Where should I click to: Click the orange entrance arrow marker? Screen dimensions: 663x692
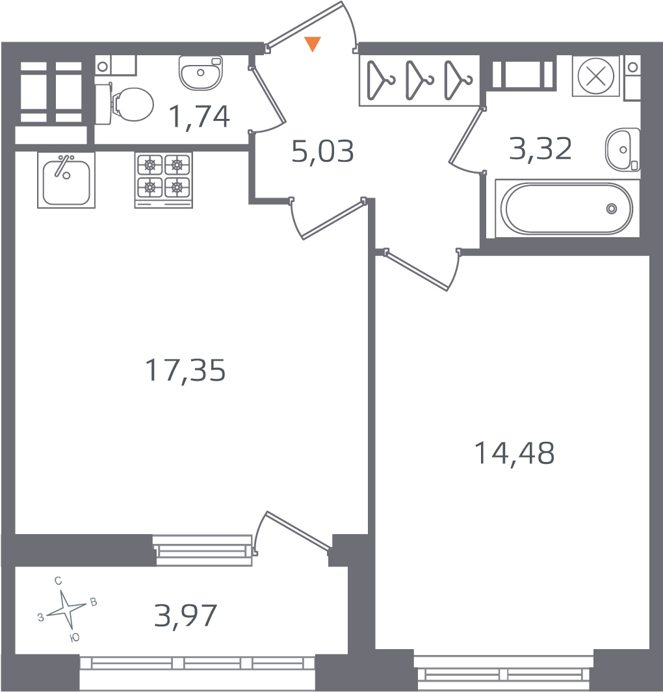tap(313, 44)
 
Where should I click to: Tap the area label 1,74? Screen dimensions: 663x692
tap(199, 117)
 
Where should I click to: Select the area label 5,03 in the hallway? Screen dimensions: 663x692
tap(322, 151)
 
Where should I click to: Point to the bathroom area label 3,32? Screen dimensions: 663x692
tap(540, 148)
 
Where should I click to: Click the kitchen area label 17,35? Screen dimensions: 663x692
tap(185, 370)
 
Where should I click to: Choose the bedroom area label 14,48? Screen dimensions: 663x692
tap(514, 454)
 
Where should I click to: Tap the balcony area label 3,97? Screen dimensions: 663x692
tap(185, 615)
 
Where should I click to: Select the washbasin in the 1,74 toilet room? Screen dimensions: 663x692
tap(200, 72)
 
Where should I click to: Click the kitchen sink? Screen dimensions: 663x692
tap(66, 180)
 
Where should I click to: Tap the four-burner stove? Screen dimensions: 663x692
tap(163, 180)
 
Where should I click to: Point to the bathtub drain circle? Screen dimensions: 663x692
tap(612, 209)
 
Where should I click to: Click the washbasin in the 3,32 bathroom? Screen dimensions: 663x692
tap(623, 149)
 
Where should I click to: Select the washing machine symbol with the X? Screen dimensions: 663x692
tap(596, 76)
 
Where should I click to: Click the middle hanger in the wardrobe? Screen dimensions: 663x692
tap(419, 80)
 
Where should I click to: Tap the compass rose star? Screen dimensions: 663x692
tap(66, 610)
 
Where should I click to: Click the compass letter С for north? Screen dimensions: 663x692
tap(58, 581)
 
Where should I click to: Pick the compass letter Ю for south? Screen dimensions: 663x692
tap(75, 637)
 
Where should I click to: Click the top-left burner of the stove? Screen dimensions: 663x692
tap(150, 166)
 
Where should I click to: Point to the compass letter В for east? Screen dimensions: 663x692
tap(94, 602)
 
